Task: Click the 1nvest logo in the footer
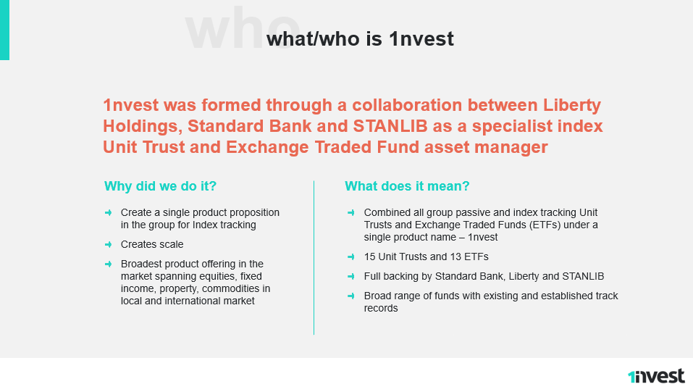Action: click(x=656, y=376)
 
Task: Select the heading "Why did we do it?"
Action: click(x=161, y=185)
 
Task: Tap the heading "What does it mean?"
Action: click(x=407, y=185)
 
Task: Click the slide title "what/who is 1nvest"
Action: click(x=360, y=39)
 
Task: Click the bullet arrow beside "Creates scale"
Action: click(x=109, y=244)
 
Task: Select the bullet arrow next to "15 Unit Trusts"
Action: click(x=351, y=257)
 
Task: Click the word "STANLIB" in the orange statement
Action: click(x=390, y=126)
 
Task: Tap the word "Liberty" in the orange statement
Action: click(x=572, y=106)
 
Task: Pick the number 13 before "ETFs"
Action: click(x=455, y=257)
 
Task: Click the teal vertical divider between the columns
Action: click(x=314, y=257)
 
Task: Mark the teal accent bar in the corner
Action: click(x=4, y=30)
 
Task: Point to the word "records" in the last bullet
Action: click(x=381, y=309)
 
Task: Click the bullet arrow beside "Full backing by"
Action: click(x=351, y=276)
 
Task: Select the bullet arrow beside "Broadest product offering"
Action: click(x=109, y=264)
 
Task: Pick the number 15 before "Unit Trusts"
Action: click(x=369, y=257)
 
